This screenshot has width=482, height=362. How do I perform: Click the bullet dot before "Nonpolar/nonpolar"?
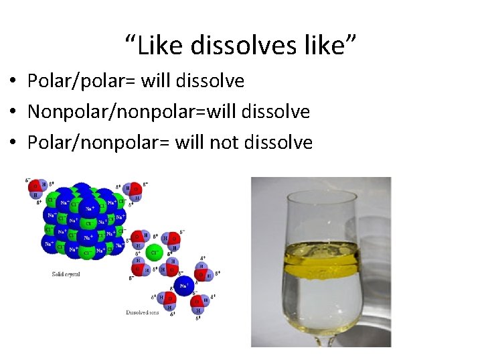13,113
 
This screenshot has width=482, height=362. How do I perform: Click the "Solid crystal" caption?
66,274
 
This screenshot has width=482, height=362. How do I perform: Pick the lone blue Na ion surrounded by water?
183,287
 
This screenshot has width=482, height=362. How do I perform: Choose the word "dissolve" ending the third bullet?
280,142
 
